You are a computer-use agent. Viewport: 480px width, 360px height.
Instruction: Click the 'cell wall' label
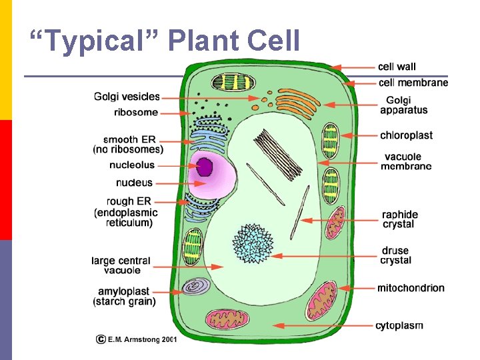tap(397, 67)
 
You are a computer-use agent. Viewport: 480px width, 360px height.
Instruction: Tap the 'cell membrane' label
tap(413, 83)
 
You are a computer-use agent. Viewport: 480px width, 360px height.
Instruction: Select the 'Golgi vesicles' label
tap(127, 97)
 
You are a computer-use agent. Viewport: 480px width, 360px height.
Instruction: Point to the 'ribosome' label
tap(136, 113)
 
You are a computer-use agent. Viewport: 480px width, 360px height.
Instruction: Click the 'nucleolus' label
tap(132, 165)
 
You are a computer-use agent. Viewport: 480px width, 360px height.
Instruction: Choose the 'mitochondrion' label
tap(411, 288)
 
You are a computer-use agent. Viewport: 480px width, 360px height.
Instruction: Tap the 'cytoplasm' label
tap(399, 325)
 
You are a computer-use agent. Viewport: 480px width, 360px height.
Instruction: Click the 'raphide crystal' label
tap(399, 219)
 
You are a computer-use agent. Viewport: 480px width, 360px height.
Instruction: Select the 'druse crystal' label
tap(396, 255)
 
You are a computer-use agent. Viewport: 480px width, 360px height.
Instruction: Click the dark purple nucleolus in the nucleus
tap(204, 169)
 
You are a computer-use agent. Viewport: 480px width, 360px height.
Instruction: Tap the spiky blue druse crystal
tap(253, 244)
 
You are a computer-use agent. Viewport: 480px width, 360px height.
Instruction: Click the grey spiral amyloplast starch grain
tap(196, 287)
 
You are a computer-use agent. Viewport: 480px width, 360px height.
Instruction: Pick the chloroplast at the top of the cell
tap(233, 83)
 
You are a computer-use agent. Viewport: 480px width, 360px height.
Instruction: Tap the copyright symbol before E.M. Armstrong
tap(101, 339)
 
